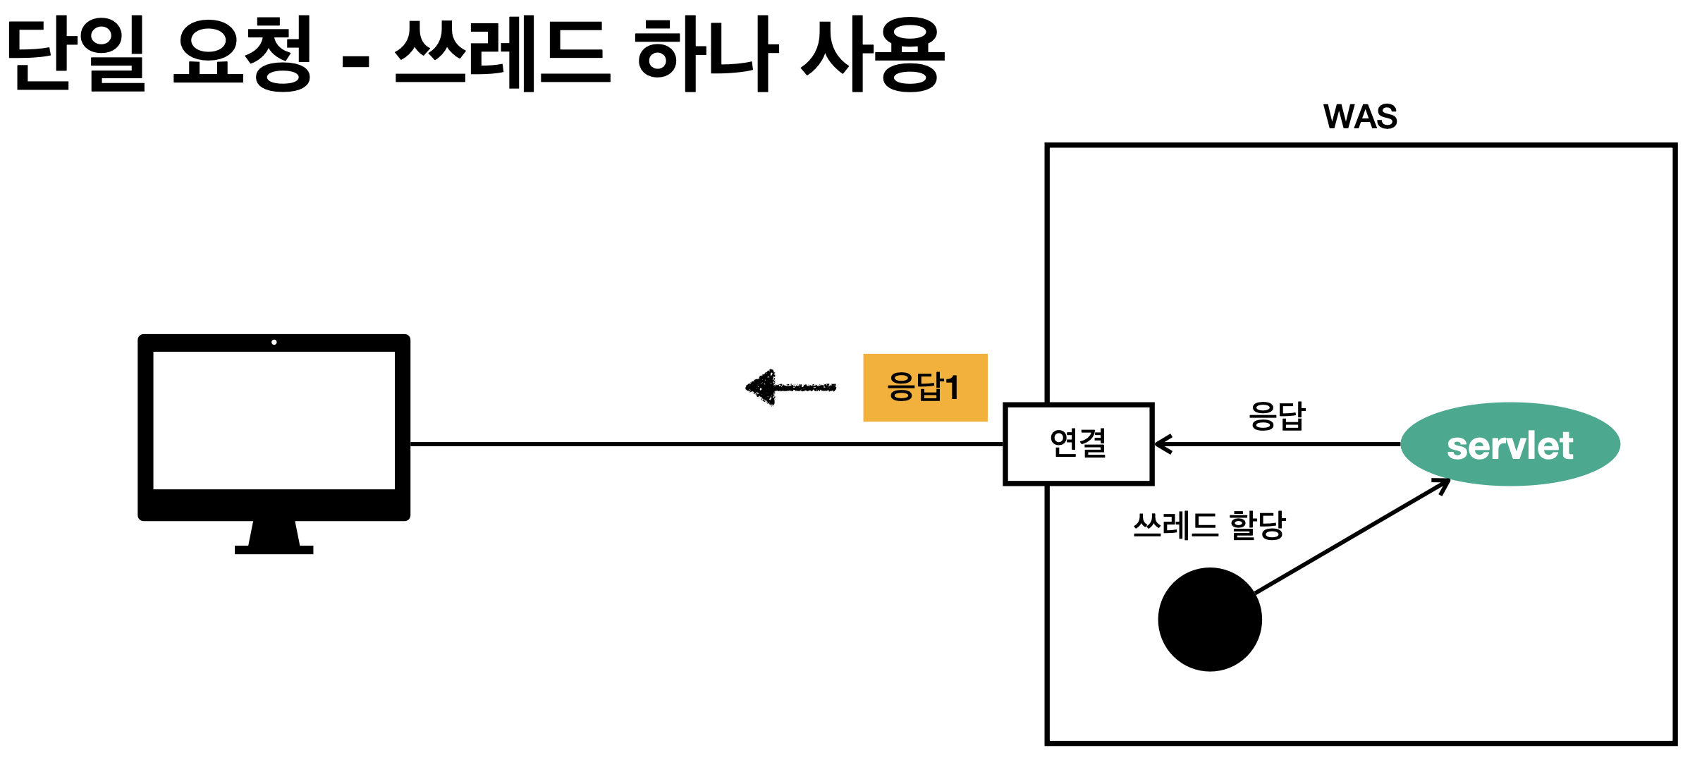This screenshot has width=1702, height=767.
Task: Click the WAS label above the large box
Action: (x=1359, y=117)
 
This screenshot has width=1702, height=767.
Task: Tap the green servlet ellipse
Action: (x=1510, y=444)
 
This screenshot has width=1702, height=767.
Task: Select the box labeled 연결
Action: (x=1078, y=444)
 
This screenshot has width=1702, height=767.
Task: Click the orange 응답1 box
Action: (x=924, y=387)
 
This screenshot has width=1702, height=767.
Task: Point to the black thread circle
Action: (x=1209, y=619)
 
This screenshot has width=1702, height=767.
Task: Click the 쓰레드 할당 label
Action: (x=1208, y=525)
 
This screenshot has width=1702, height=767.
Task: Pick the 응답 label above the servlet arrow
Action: (x=1277, y=416)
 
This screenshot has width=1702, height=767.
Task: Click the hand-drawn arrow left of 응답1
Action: (x=790, y=387)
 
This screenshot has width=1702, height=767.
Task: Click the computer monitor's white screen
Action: (x=274, y=420)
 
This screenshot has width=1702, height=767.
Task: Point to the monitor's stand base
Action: (x=274, y=549)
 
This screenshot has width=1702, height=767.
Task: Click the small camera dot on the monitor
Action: (x=274, y=342)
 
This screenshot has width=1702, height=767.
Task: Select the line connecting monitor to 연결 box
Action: (x=705, y=444)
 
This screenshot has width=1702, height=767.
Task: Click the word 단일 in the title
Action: (x=76, y=54)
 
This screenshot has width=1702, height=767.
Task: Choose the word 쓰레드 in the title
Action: (x=501, y=54)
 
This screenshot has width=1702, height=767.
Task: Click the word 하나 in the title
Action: (x=707, y=54)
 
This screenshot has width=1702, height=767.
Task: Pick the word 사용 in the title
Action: (x=872, y=54)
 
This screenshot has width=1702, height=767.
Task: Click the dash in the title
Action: (x=355, y=61)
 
